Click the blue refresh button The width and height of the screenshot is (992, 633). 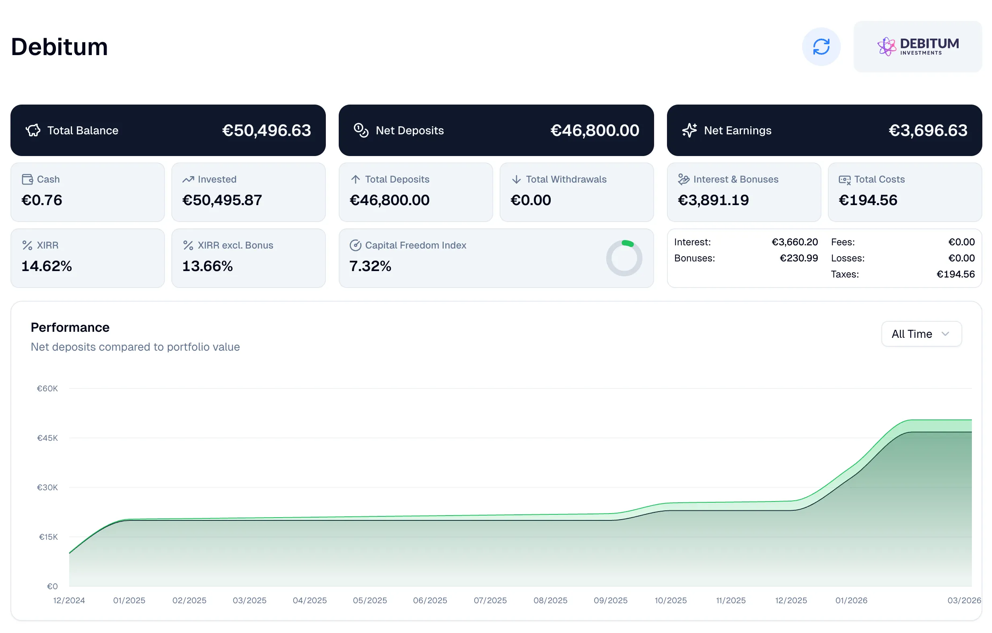(821, 47)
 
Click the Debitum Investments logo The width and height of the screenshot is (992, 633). (918, 47)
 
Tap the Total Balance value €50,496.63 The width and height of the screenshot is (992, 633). (266, 131)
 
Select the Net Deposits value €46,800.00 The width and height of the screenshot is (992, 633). (595, 131)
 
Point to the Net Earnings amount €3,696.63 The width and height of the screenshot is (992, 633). (927, 131)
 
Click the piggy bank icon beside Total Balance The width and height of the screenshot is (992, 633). (33, 131)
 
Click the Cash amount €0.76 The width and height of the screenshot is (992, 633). (41, 200)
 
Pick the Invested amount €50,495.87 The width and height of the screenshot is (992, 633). (222, 200)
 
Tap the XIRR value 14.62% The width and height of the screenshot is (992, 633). (47, 266)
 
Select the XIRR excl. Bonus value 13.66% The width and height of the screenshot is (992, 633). (207, 266)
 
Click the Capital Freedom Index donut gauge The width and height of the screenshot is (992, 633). (624, 258)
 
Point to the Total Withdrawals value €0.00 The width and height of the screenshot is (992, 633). (531, 200)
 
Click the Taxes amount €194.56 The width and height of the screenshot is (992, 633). (955, 274)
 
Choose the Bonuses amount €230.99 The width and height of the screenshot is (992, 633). (799, 258)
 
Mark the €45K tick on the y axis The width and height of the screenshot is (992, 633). (47, 438)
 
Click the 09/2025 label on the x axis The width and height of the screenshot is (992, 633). (610, 600)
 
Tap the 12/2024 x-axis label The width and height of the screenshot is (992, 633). (69, 600)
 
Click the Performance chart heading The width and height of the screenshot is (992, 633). (70, 327)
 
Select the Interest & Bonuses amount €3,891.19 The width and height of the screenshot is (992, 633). (713, 200)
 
